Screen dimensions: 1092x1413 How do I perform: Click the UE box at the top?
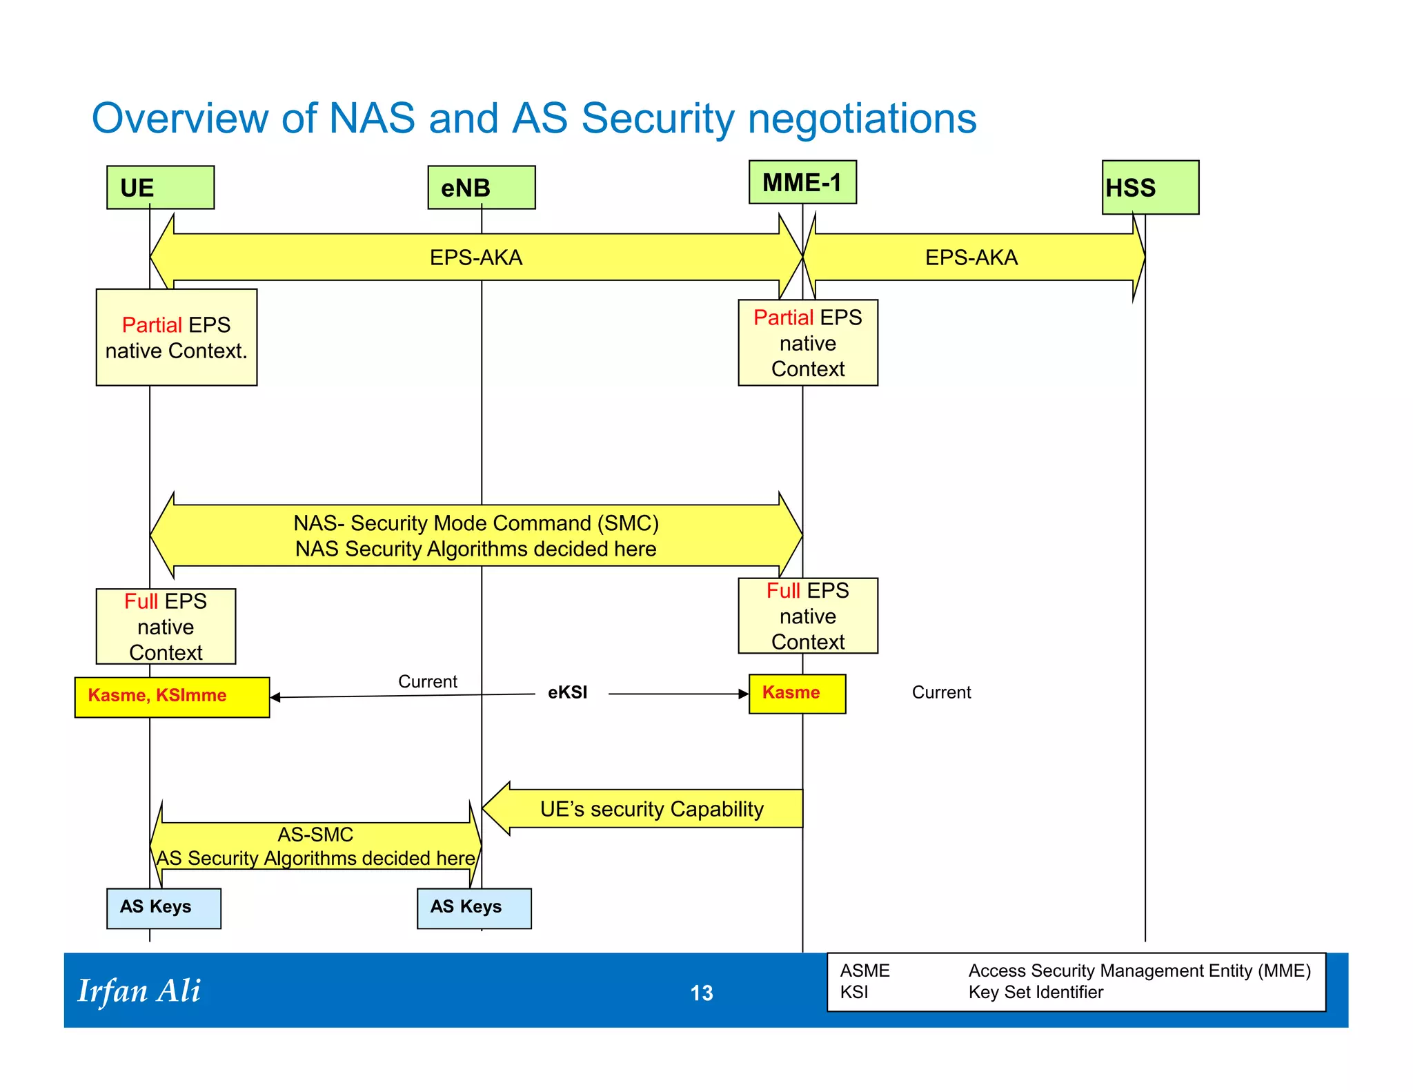pos(160,187)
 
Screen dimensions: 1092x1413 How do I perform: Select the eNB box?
pos(481,187)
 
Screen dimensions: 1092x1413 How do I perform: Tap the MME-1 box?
pos(802,182)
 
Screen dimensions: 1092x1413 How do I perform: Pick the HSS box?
pos(1149,187)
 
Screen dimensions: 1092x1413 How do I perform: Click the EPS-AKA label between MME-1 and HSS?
pos(971,257)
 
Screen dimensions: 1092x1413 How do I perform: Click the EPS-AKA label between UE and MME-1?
pos(475,257)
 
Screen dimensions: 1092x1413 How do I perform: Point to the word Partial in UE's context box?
pos(151,324)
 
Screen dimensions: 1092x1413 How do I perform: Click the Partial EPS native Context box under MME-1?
pos(807,342)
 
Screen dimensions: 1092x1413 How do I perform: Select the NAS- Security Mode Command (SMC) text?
pos(475,523)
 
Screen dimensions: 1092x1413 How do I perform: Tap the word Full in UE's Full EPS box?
pos(141,601)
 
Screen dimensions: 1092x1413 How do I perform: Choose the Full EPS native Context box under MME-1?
pos(807,616)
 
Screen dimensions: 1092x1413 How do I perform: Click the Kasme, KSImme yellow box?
pos(172,696)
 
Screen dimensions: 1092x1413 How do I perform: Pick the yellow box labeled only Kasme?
pos(797,693)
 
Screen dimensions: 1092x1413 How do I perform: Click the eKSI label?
pos(567,692)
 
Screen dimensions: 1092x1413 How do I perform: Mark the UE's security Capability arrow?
pos(651,809)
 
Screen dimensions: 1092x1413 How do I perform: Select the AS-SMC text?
pos(315,835)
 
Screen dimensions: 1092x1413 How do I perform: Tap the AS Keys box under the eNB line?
pos(474,908)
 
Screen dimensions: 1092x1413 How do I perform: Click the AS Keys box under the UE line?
pos(164,908)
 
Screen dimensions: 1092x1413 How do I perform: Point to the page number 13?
pos(701,993)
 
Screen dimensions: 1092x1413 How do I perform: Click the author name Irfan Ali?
pos(139,991)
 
